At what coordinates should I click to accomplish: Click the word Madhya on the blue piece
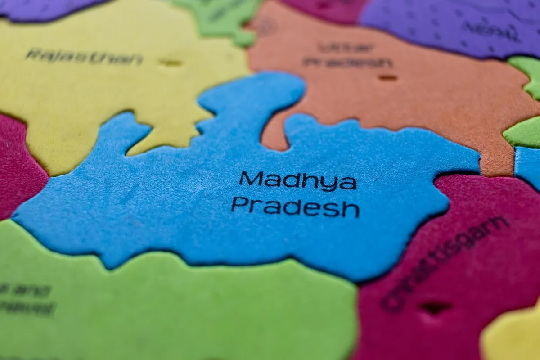tap(297, 180)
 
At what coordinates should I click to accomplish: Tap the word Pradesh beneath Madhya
tap(295, 207)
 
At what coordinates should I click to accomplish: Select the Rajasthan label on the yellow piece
tap(84, 57)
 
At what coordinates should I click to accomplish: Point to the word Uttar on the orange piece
tap(345, 47)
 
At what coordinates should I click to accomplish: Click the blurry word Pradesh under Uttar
tap(347, 63)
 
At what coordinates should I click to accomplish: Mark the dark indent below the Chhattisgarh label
tap(435, 307)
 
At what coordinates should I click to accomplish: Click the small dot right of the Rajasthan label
tap(171, 63)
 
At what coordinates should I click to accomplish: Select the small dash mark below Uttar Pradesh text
tap(387, 78)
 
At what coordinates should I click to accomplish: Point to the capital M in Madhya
tap(251, 178)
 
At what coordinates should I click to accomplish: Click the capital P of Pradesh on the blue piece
tap(239, 205)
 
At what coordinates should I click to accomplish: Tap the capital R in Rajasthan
tap(31, 54)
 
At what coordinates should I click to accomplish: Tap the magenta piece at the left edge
tap(18, 166)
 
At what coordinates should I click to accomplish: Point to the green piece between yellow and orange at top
tap(220, 18)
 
